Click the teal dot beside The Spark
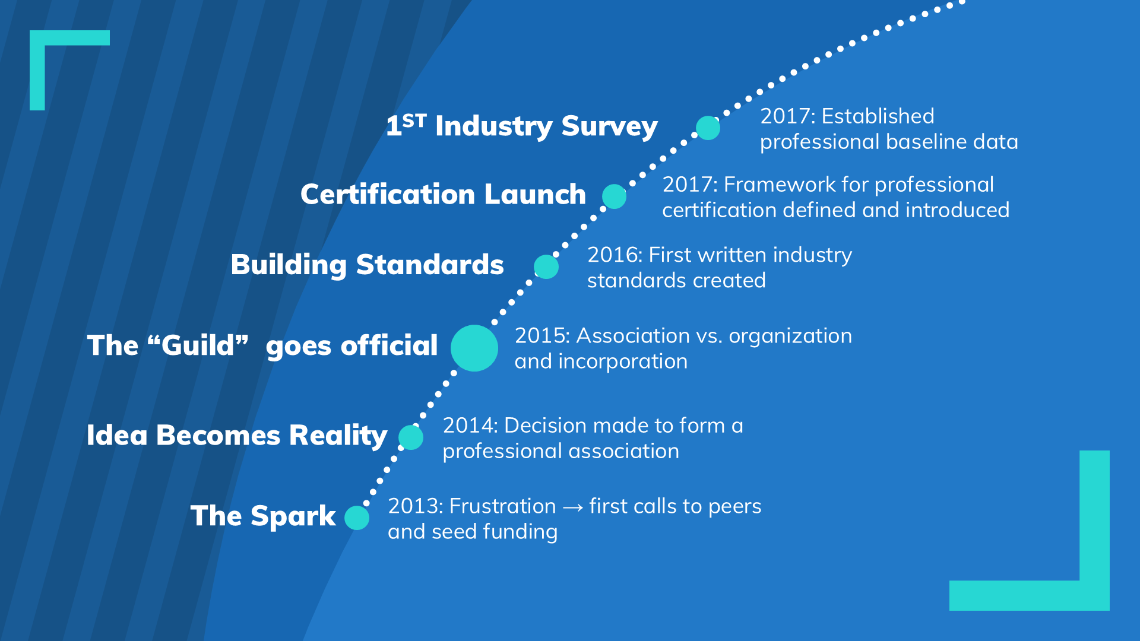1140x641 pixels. [x=357, y=518]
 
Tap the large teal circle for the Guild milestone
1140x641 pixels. [x=474, y=348]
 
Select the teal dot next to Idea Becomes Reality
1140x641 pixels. [x=411, y=437]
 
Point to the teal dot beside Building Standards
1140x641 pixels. [x=546, y=267]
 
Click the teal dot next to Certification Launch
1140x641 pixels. [x=614, y=196]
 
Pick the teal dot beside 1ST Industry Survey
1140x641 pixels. [x=708, y=128]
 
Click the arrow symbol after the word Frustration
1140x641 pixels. [x=573, y=507]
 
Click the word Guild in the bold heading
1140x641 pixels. [x=198, y=345]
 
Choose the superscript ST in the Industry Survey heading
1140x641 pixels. [x=414, y=120]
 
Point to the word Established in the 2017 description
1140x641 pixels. [x=878, y=116]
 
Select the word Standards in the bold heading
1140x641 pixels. [x=430, y=265]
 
